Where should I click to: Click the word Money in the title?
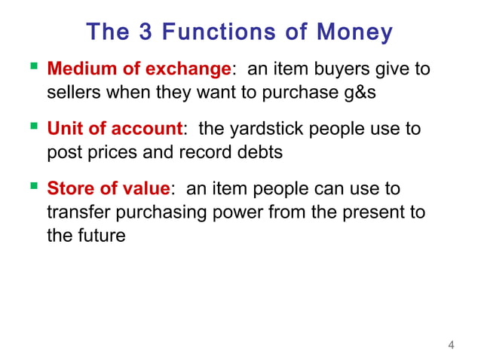click(354, 32)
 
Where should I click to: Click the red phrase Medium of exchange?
click(138, 70)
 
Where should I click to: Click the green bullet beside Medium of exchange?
click(31, 69)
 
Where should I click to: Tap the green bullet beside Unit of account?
click(31, 128)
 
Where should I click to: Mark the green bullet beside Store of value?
click(31, 187)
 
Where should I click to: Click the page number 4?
click(451, 346)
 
